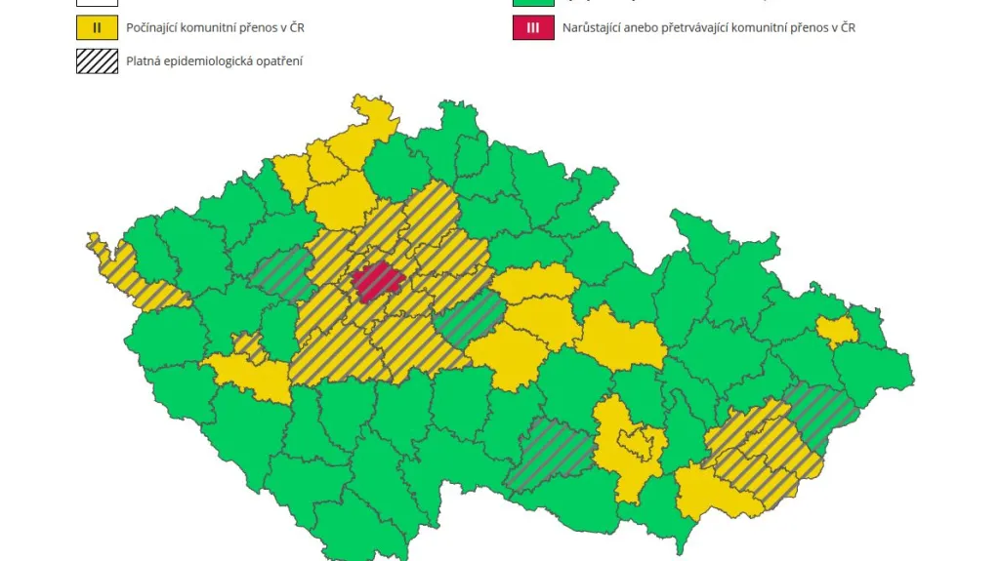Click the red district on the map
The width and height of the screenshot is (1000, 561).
(379, 281)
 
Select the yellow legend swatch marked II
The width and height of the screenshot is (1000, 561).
(96, 27)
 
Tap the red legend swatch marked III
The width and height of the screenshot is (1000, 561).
(532, 27)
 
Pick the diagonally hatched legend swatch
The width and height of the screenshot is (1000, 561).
(96, 62)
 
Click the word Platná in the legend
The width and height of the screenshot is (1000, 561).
(145, 62)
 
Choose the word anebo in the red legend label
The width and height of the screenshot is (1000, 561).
(649, 27)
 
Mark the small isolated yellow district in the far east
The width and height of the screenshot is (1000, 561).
(837, 332)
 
